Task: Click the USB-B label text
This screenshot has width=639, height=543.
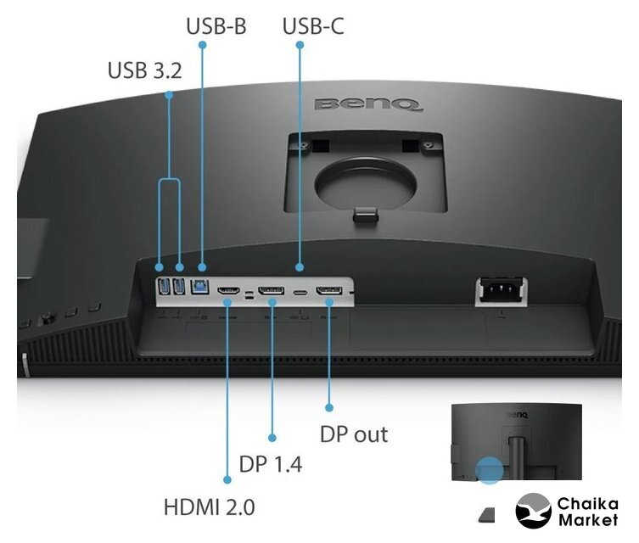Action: pyautogui.click(x=216, y=26)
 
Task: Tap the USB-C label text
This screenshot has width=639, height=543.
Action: pyautogui.click(x=313, y=26)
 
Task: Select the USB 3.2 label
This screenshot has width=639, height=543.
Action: pyautogui.click(x=144, y=70)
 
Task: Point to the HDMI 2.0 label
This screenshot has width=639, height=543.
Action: pyautogui.click(x=209, y=507)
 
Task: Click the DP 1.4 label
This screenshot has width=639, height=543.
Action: pyautogui.click(x=271, y=464)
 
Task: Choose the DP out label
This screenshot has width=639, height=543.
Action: pyautogui.click(x=354, y=434)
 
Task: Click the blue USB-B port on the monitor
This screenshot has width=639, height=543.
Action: pyautogui.click(x=199, y=286)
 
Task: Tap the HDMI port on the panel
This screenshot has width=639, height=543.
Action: pyautogui.click(x=228, y=291)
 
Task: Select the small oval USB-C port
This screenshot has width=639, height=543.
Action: pyautogui.click(x=300, y=293)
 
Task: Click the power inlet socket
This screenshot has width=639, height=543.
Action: pyautogui.click(x=502, y=289)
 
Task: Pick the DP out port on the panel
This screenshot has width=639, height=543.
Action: pyautogui.click(x=329, y=290)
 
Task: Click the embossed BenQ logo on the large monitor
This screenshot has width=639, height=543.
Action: pyautogui.click(x=368, y=104)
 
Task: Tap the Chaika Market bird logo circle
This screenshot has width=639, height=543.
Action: pyautogui.click(x=533, y=511)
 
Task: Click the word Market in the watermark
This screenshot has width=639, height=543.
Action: pyautogui.click(x=588, y=520)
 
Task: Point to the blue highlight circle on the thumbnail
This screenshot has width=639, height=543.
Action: pyautogui.click(x=490, y=470)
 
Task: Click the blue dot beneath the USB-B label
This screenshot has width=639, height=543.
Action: pyautogui.click(x=202, y=44)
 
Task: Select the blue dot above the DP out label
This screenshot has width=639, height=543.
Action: pyautogui.click(x=329, y=407)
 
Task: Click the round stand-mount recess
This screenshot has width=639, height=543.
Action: pyautogui.click(x=366, y=182)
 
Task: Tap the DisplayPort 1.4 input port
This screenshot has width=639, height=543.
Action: pyautogui.click(x=271, y=290)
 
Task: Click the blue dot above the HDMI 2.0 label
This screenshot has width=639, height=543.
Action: pyautogui.click(x=227, y=479)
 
